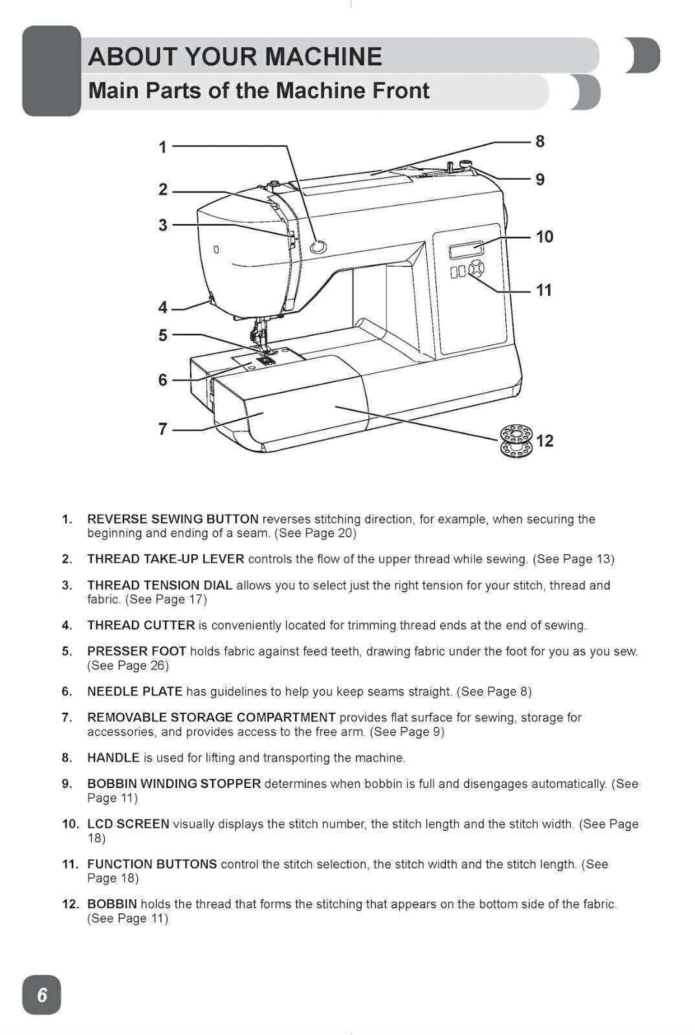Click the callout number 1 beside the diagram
pyautogui.click(x=163, y=147)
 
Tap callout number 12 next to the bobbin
pyautogui.click(x=545, y=441)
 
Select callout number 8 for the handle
pyautogui.click(x=540, y=141)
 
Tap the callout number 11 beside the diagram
pyautogui.click(x=544, y=290)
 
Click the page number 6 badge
pyautogui.click(x=42, y=994)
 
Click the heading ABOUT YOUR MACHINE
pyautogui.click(x=235, y=57)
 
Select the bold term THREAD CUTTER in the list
pyautogui.click(x=141, y=626)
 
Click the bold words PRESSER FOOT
pyautogui.click(x=137, y=651)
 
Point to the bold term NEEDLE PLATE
pyautogui.click(x=135, y=692)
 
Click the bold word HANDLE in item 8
pyautogui.click(x=113, y=757)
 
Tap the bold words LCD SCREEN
pyautogui.click(x=128, y=824)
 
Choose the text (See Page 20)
pyautogui.click(x=315, y=534)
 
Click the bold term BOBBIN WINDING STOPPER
pyautogui.click(x=174, y=784)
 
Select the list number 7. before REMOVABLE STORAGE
pyautogui.click(x=67, y=717)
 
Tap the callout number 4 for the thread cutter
pyautogui.click(x=163, y=307)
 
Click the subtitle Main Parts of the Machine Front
pyautogui.click(x=258, y=91)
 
